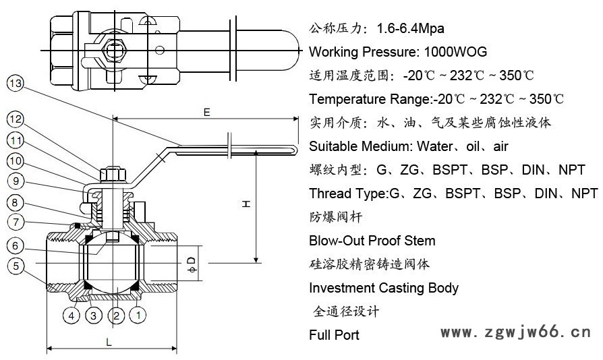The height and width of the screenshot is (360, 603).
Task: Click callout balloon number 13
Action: click(x=15, y=84)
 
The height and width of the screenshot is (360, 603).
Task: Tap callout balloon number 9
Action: click(x=16, y=181)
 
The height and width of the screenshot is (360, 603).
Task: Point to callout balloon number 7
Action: click(x=16, y=221)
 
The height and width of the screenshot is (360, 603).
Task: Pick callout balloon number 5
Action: click(x=16, y=266)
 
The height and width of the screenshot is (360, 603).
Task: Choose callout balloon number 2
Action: click(x=116, y=313)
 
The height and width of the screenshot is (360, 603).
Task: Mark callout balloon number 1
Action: click(x=138, y=313)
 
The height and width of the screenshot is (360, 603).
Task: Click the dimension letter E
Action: click(x=206, y=111)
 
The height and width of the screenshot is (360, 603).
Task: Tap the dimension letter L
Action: click(x=109, y=342)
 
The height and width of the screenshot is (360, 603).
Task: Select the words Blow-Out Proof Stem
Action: click(x=372, y=241)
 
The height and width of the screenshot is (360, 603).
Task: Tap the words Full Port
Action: click(x=334, y=335)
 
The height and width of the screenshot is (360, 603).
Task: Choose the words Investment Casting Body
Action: click(x=383, y=288)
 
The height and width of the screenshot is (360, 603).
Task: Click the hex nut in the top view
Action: click(x=112, y=49)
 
